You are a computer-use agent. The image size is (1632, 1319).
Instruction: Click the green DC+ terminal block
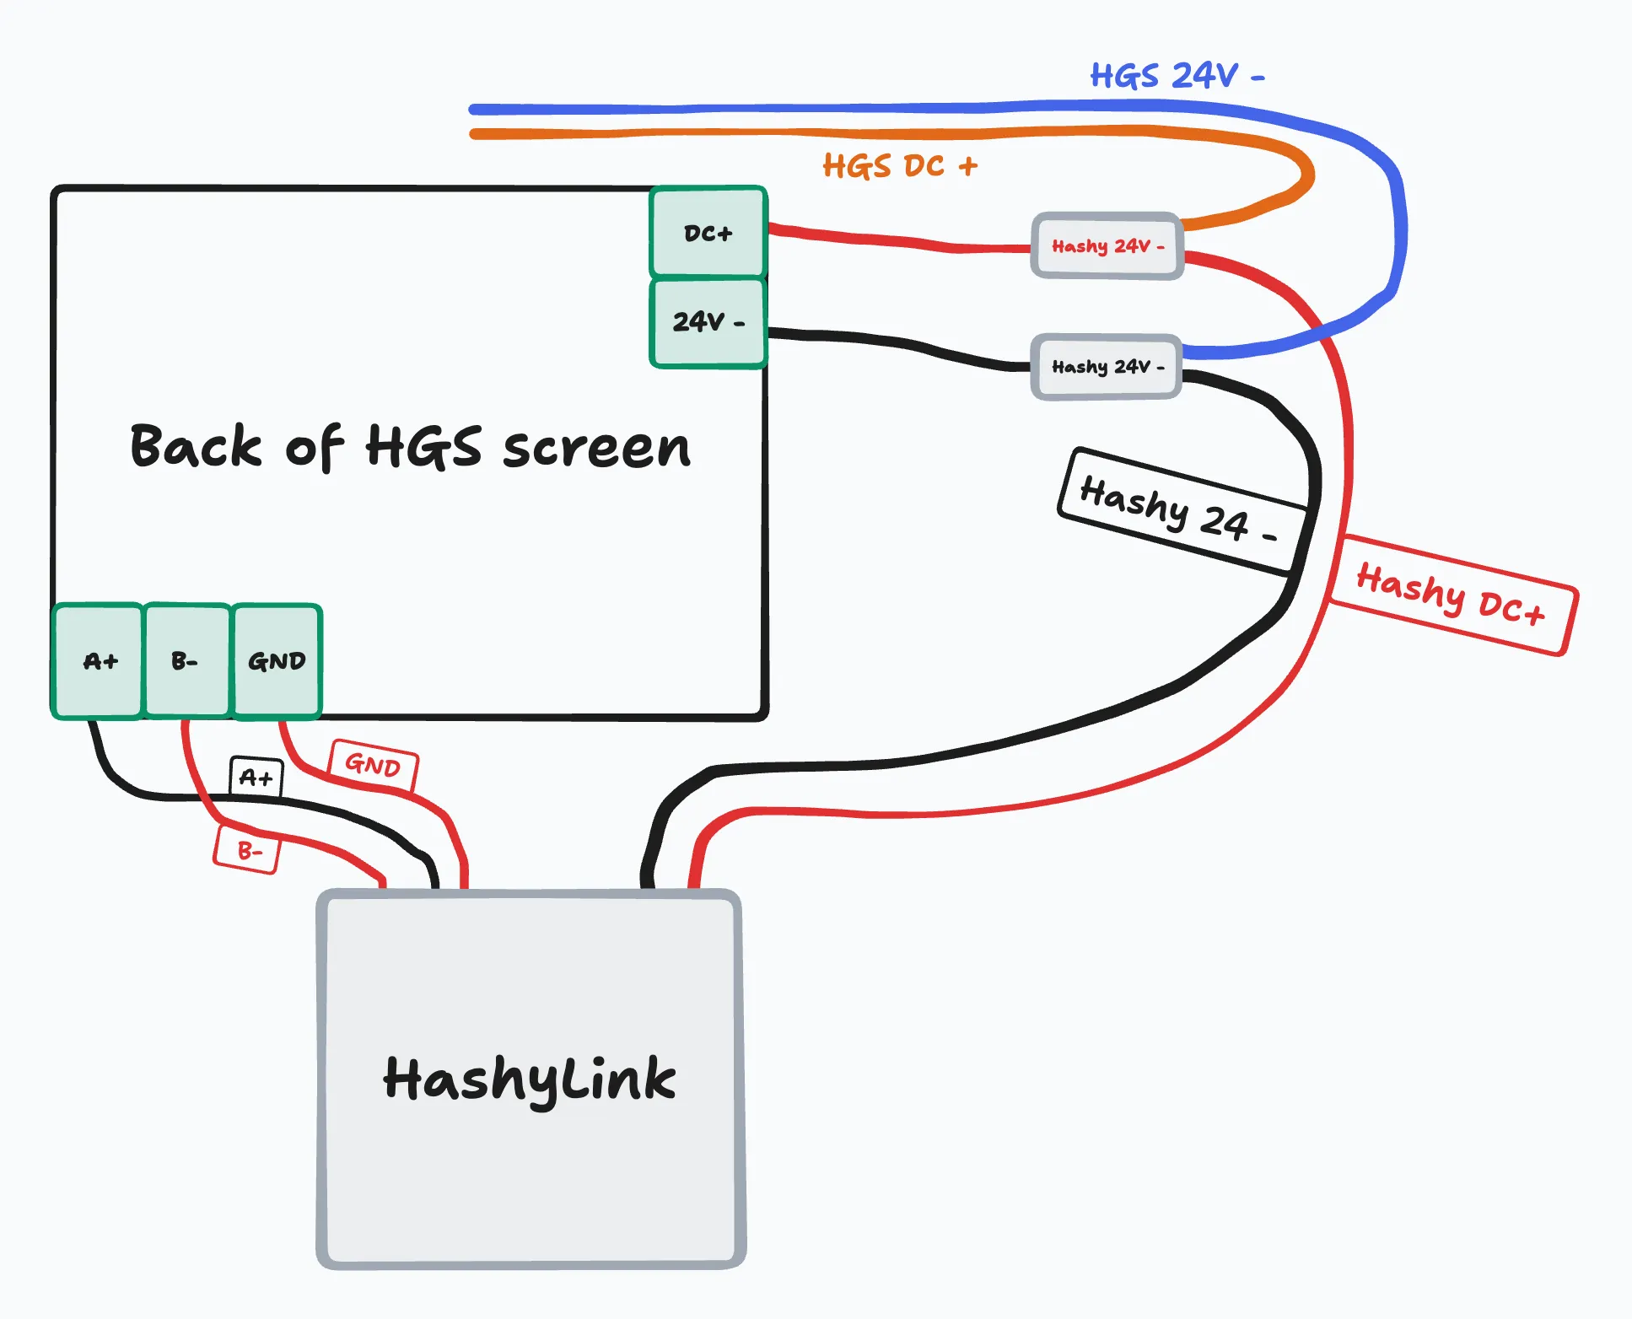pos(708,232)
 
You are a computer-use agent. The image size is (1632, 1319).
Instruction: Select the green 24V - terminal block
pos(708,323)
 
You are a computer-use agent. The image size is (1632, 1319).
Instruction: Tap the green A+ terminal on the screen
pos(98,660)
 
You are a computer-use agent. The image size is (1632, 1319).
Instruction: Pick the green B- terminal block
pos(186,660)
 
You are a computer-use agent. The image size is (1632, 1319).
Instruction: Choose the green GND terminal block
pos(277,660)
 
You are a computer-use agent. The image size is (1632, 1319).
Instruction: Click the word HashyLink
pos(530,1079)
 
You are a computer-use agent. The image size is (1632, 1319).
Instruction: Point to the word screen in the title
pos(596,449)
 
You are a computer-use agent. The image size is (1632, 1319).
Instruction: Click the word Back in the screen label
pos(196,445)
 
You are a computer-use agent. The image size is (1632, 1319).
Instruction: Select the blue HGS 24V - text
pos(1177,76)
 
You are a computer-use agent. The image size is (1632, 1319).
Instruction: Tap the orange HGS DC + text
pos(900,166)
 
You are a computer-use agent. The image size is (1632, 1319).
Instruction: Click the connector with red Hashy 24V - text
pos(1107,245)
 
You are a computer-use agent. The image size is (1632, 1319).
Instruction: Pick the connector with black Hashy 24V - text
pos(1106,367)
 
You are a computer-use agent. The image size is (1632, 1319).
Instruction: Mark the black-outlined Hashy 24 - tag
pos(1182,511)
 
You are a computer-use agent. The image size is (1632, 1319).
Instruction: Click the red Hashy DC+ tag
pos(1452,595)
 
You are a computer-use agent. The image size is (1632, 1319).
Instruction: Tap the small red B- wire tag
pos(247,849)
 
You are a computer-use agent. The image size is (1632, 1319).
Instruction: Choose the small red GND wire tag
pos(373,765)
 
